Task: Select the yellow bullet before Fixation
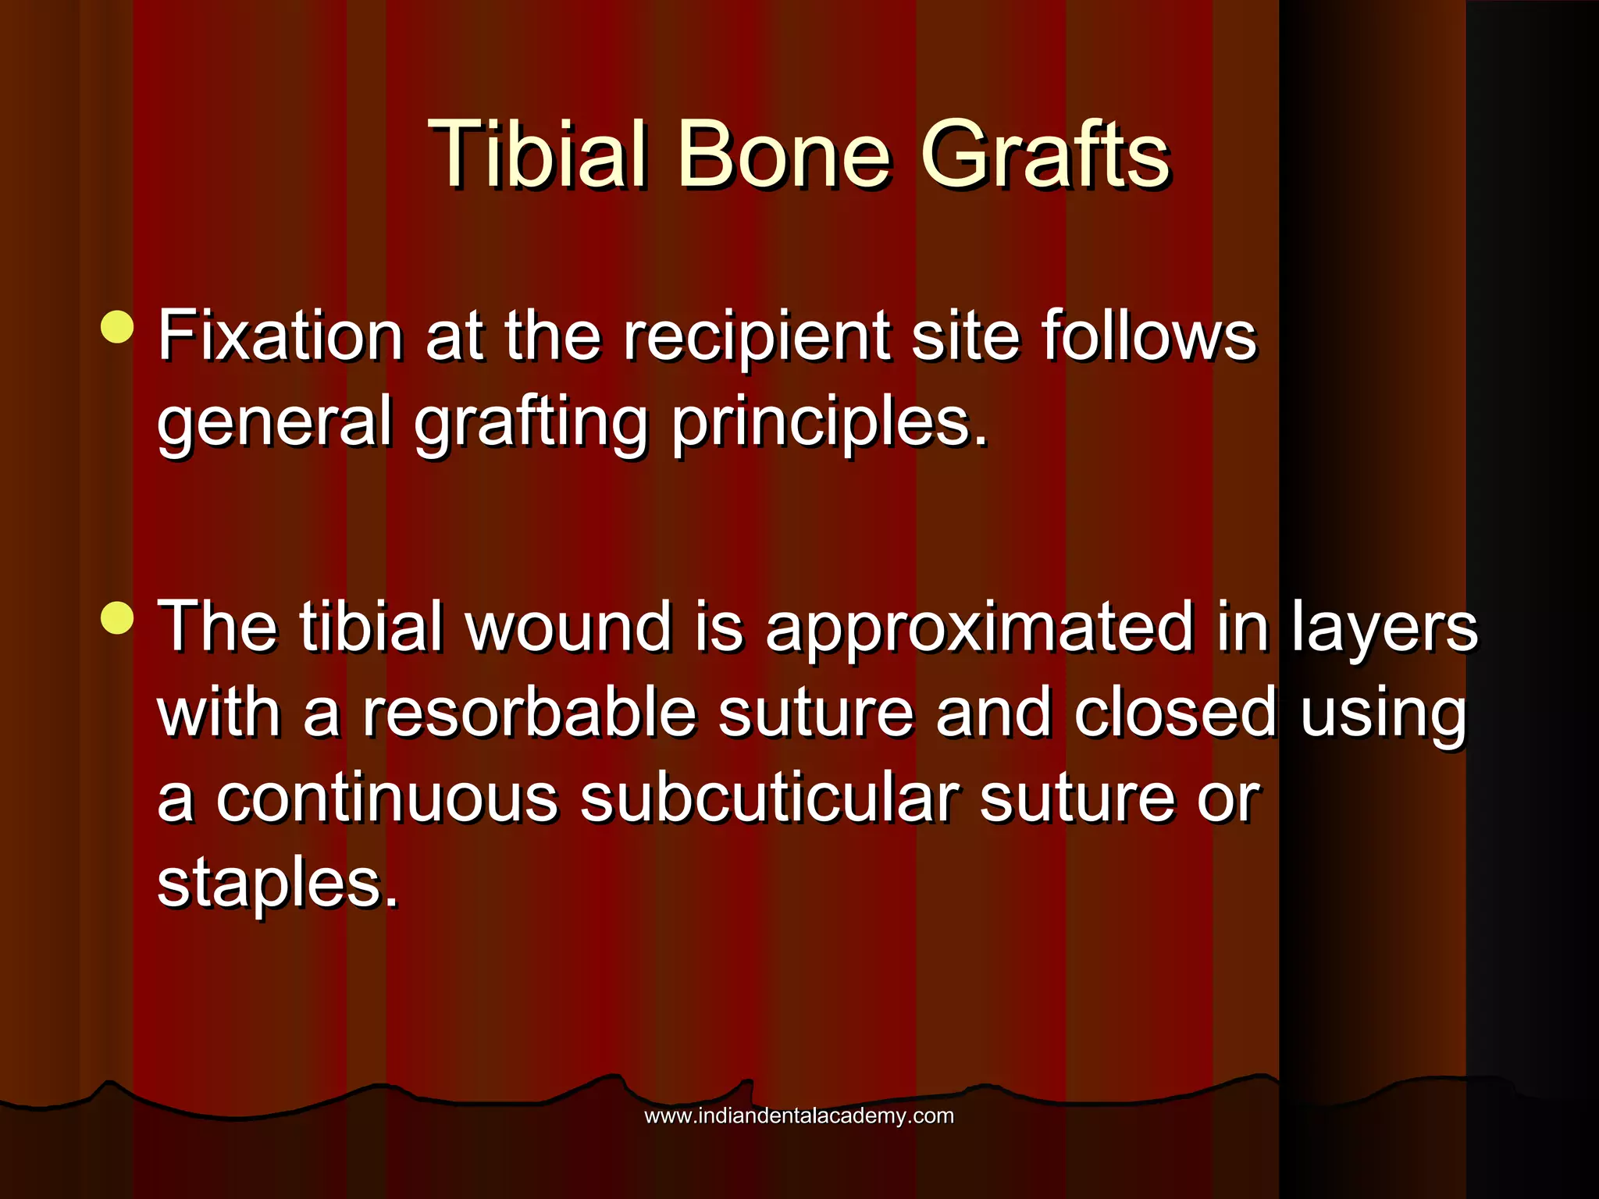click(118, 327)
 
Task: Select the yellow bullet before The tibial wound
click(118, 618)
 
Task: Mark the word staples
click(278, 886)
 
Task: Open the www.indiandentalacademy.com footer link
click(799, 1115)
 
